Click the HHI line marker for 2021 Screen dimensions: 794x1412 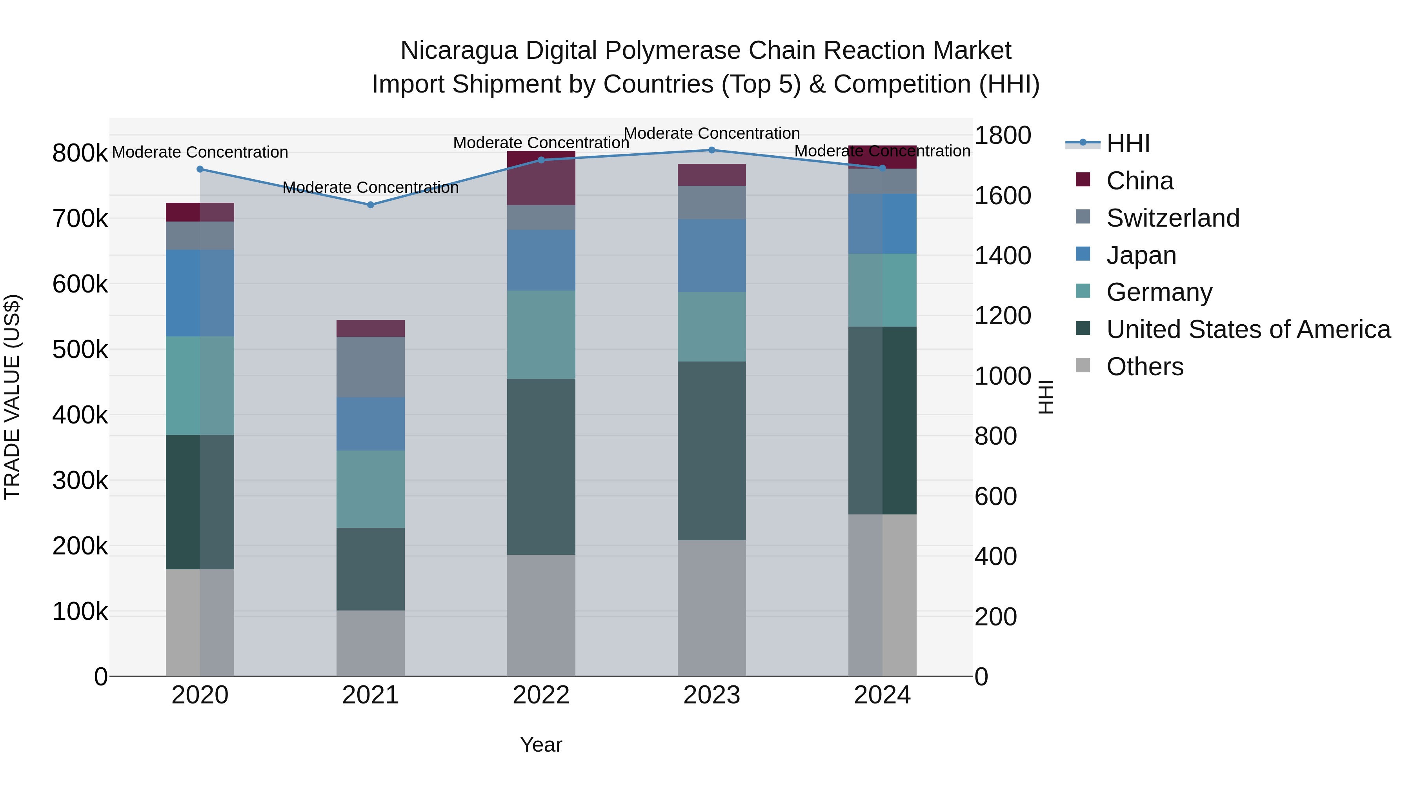[371, 205]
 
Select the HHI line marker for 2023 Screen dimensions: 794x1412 [711, 150]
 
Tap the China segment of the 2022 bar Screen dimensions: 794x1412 [541, 178]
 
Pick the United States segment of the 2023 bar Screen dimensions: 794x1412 [711, 451]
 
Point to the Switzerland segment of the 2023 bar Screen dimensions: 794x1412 [711, 202]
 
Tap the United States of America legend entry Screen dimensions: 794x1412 [1248, 329]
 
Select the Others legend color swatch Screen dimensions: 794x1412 [1083, 365]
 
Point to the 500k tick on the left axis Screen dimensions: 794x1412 [80, 350]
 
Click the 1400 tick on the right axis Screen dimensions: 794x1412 [1003, 256]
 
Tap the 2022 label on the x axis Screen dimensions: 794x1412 [541, 695]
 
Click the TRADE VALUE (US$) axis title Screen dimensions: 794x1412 [12, 397]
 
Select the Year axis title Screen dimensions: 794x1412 [541, 745]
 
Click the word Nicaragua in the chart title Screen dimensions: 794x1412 [458, 51]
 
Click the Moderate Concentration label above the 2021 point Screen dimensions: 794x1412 [371, 187]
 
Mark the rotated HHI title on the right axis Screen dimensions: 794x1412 [1046, 397]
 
